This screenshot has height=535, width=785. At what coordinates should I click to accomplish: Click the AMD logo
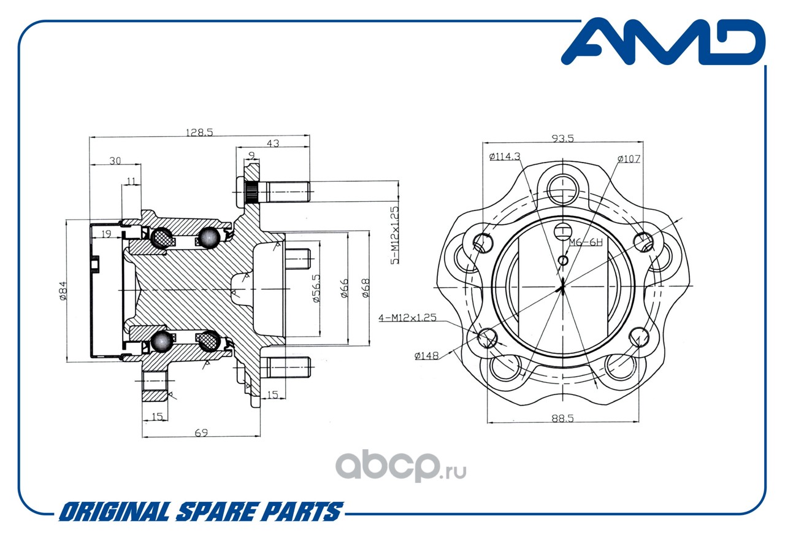click(x=663, y=42)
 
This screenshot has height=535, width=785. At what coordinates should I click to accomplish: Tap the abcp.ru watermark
click(x=401, y=464)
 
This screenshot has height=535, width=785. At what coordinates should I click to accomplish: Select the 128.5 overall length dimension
click(x=199, y=132)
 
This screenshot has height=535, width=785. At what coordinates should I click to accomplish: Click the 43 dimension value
click(x=273, y=143)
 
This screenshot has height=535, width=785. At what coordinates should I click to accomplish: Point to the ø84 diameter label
click(x=63, y=291)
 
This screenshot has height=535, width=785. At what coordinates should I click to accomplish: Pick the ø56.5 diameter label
click(x=316, y=288)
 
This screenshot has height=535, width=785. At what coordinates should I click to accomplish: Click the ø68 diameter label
click(x=366, y=288)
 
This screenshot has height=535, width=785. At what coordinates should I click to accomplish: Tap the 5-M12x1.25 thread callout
click(x=394, y=235)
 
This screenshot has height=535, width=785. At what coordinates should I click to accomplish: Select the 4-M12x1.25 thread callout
click(x=407, y=318)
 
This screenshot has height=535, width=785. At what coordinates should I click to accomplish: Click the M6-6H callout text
click(x=586, y=242)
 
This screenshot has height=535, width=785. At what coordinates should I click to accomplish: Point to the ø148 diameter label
click(x=426, y=356)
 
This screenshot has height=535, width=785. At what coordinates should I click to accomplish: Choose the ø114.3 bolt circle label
click(x=505, y=156)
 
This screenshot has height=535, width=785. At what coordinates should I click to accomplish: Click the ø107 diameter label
click(x=629, y=159)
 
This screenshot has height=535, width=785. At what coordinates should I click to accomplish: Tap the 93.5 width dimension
click(x=563, y=139)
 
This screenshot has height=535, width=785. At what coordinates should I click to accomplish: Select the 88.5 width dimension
click(x=562, y=418)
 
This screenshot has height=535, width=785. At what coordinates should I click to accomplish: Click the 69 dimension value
click(x=201, y=433)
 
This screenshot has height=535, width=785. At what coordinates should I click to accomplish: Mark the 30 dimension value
click(x=115, y=161)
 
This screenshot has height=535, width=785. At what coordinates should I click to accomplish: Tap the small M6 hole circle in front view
click(x=563, y=261)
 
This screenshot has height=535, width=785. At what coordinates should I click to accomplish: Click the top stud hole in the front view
click(x=563, y=190)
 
